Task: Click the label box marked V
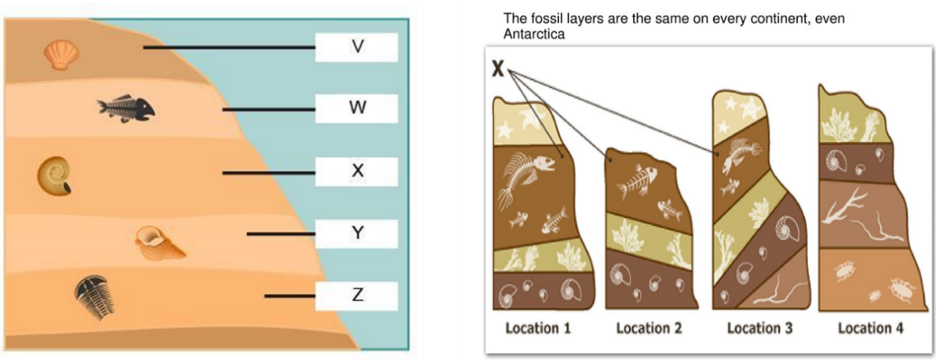(x=357, y=47)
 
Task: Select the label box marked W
(x=357, y=108)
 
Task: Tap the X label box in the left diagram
(x=357, y=170)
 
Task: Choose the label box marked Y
(x=357, y=233)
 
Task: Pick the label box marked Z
(x=357, y=295)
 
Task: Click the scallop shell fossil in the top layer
(x=60, y=56)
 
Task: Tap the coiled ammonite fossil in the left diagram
(x=54, y=176)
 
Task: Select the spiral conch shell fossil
(x=158, y=242)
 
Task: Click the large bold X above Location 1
(x=498, y=69)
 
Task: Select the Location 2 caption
(x=648, y=328)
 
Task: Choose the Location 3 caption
(x=759, y=328)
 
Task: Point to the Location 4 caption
(x=870, y=328)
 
